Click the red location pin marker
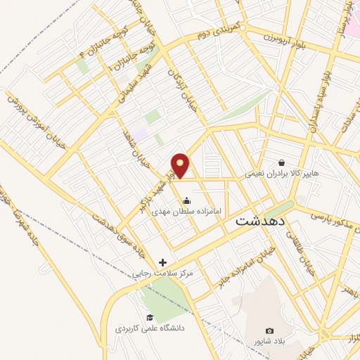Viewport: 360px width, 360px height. (x=181, y=164)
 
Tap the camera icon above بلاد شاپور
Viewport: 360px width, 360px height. (x=269, y=330)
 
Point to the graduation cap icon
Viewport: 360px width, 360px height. (x=148, y=317)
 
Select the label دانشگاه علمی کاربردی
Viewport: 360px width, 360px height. (x=148, y=328)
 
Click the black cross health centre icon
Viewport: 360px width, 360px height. (x=163, y=262)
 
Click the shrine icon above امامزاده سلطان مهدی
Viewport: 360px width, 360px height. (x=186, y=200)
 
